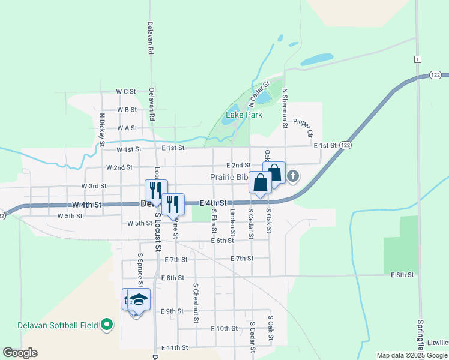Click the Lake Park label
(x=244, y=115)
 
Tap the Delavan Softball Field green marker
(x=108, y=325)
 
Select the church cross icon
(x=293, y=176)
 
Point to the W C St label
(x=127, y=92)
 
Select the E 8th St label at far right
(x=402, y=275)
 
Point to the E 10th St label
(x=224, y=329)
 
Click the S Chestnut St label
(x=196, y=303)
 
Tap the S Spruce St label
(x=139, y=268)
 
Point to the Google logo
(x=20, y=353)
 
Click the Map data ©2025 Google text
(x=412, y=355)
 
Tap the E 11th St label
(x=175, y=347)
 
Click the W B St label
(x=127, y=110)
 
